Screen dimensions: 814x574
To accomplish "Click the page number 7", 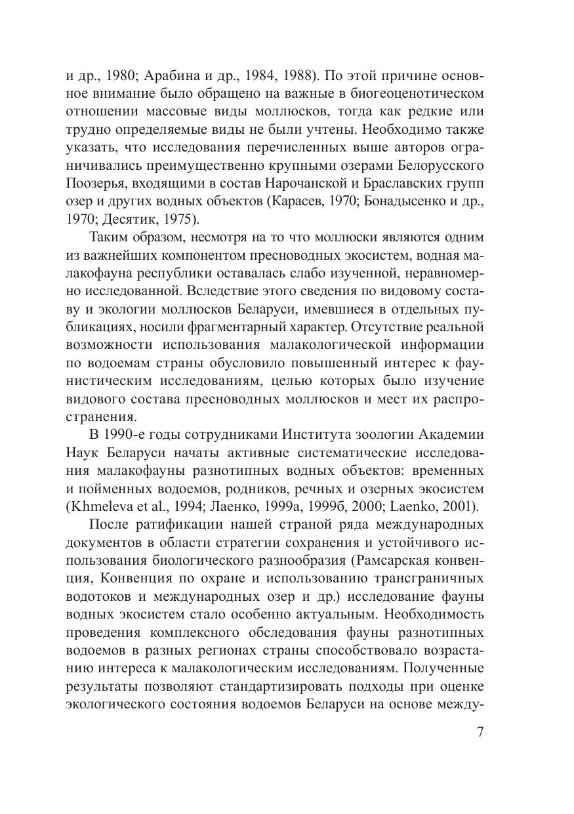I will tap(480, 732).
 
